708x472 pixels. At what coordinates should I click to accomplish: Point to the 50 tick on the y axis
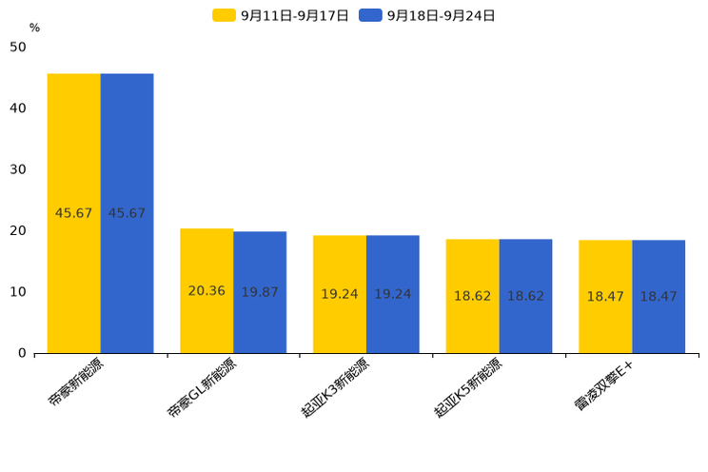18,48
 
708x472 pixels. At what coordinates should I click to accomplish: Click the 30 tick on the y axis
18,169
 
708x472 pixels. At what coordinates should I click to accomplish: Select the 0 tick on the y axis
22,353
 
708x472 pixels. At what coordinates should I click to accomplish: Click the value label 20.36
206,291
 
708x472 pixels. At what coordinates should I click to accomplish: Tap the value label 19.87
260,292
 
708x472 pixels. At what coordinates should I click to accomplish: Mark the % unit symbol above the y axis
34,29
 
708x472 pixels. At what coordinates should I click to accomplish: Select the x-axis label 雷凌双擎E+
604,386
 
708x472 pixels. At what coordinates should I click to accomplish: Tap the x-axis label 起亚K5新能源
469,389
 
